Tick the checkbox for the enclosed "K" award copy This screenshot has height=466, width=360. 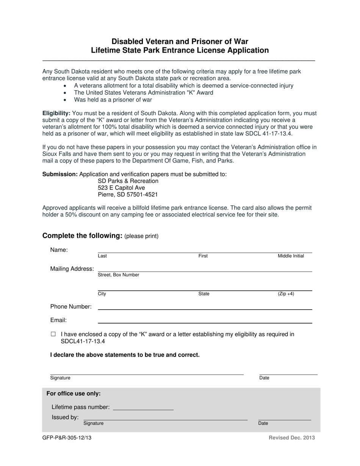[53, 335]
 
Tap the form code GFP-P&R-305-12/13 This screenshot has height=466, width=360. [67, 438]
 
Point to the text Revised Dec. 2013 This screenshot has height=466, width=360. [292, 438]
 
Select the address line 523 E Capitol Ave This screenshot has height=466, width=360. [121, 188]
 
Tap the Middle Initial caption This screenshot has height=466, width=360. [291, 256]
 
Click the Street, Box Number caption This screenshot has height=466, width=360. [119, 275]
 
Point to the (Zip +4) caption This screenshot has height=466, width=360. [286, 294]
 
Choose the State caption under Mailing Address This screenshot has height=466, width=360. [204, 294]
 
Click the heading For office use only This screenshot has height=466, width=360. [74, 394]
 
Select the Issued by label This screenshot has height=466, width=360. [65, 418]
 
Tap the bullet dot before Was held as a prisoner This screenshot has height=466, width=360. [66, 100]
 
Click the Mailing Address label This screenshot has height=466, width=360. [72, 269]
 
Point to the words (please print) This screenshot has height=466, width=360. [141, 236]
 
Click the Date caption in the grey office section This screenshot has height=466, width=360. [263, 424]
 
